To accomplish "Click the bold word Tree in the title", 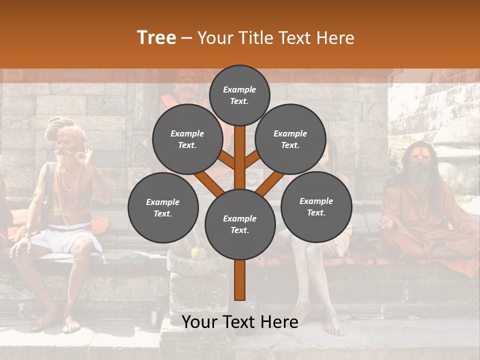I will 156,38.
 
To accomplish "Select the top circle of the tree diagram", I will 239,95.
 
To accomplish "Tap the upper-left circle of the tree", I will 187,139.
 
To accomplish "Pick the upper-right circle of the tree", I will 290,139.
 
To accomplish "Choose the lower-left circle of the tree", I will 162,207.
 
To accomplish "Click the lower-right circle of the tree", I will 316,206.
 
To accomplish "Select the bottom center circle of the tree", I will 239,224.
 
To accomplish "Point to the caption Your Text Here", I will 239,322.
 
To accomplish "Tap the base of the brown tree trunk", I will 239,295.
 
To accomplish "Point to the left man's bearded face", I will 63,145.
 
